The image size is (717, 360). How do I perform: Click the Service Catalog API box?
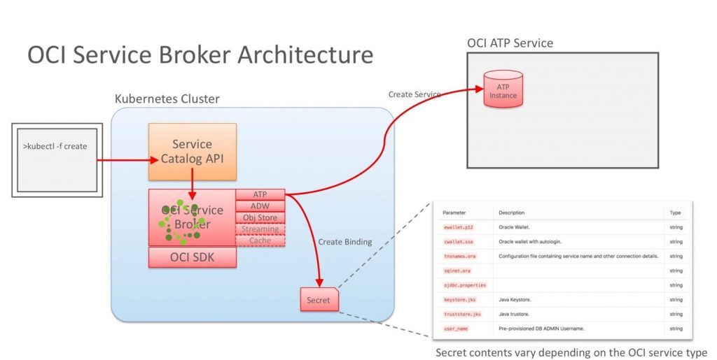[192, 152]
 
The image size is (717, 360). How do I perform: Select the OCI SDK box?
[192, 257]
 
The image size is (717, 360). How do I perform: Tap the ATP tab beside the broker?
[260, 194]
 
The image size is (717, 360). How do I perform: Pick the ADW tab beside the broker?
[260, 206]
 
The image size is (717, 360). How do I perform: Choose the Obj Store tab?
[260, 217]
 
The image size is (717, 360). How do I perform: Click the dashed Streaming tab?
[260, 229]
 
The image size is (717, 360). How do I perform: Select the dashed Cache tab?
[260, 240]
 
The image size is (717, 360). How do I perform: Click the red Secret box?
[319, 300]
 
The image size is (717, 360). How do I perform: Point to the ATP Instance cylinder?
[503, 89]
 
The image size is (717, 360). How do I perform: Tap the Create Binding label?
[344, 241]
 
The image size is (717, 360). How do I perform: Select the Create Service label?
[415, 94]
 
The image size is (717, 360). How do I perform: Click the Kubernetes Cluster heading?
[167, 99]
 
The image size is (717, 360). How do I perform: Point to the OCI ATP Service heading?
[510, 43]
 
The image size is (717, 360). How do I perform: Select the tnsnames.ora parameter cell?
[459, 256]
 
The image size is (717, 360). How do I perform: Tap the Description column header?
[511, 213]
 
